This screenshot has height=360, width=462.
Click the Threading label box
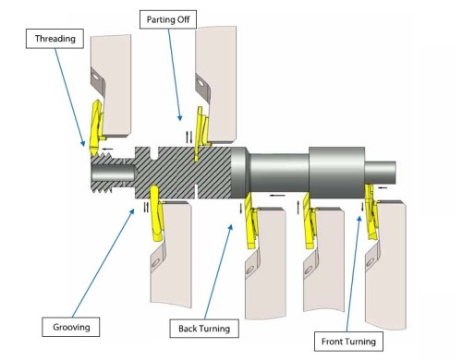pyautogui.click(x=55, y=39)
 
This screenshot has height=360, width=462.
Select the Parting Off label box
pyautogui.click(x=168, y=19)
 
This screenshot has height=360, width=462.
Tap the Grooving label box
pyautogui.click(x=71, y=327)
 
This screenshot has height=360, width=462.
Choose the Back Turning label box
pyautogui.click(x=204, y=329)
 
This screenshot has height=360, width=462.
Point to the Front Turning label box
pyautogui.click(x=348, y=342)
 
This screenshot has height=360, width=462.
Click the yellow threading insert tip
pyautogui.click(x=93, y=152)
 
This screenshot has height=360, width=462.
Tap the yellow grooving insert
pyautogui.click(x=156, y=212)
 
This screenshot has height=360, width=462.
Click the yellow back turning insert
pyautogui.click(x=250, y=221)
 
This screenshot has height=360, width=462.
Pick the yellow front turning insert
pyautogui.click(x=371, y=211)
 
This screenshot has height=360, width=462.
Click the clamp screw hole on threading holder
pyautogui.click(x=95, y=75)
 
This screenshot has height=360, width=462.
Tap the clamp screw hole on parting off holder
pyautogui.click(x=201, y=82)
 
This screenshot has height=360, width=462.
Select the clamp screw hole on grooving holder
pyautogui.click(x=155, y=262)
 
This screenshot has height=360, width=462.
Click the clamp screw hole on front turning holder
pyautogui.click(x=370, y=262)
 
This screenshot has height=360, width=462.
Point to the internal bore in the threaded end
pyautogui.click(x=114, y=173)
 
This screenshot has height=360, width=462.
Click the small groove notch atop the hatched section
pyautogui.click(x=155, y=153)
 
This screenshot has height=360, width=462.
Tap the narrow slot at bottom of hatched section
pyautogui.click(x=197, y=191)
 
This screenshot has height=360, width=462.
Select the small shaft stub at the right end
pyautogui.click(x=380, y=173)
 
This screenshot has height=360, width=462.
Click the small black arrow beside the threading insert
pyautogui.click(x=107, y=150)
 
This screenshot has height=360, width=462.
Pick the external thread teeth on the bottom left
pyautogui.click(x=102, y=187)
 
